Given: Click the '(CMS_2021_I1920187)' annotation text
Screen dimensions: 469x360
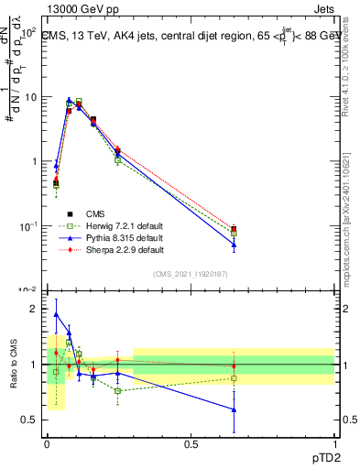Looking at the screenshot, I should pyautogui.click(x=191, y=274).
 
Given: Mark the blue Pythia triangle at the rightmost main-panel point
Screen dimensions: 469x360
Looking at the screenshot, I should pyautogui.click(x=234, y=245).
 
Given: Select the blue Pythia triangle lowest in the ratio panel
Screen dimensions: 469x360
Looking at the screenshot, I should pyautogui.click(x=234, y=409).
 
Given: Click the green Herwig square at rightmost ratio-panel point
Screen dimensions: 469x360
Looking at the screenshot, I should pyautogui.click(x=234, y=377).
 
